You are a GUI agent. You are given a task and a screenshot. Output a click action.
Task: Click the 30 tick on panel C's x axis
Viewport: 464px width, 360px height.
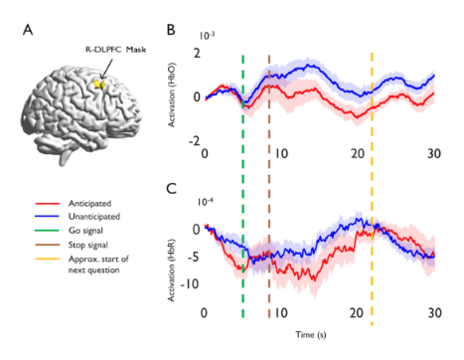(x=434, y=314)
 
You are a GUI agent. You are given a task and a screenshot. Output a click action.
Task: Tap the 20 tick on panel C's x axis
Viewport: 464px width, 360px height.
(x=358, y=314)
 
